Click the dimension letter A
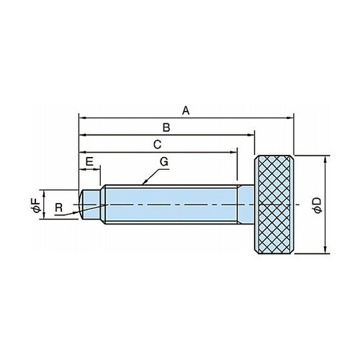tap(186, 111)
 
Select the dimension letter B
tap(166, 127)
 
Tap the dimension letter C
tap(157, 145)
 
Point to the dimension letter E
tap(89, 162)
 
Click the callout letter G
tap(164, 162)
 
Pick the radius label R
tap(59, 207)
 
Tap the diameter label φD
tap(317, 205)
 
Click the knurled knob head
tap(274, 204)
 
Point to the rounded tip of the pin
tap(81, 204)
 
